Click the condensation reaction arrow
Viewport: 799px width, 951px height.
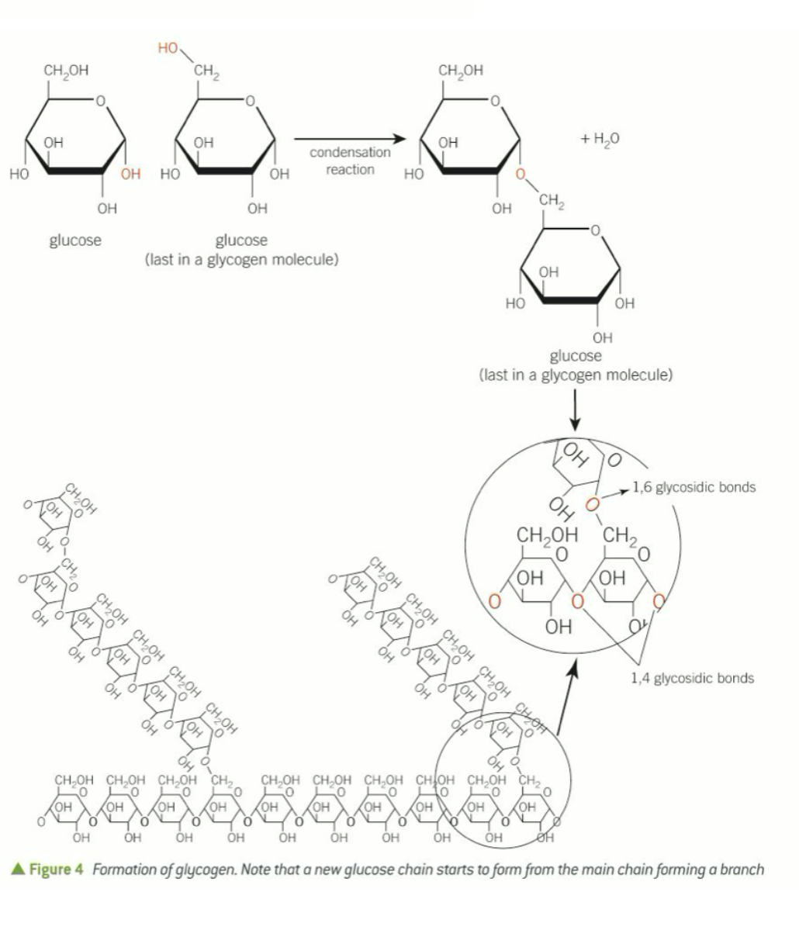tap(349, 139)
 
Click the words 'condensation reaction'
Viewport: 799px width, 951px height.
tap(350, 161)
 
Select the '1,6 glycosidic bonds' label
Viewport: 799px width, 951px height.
tap(694, 488)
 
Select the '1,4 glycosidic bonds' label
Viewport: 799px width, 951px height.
tap(692, 678)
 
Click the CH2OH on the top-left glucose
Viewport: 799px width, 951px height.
tap(66, 71)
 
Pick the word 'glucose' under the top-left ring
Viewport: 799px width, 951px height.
tap(75, 240)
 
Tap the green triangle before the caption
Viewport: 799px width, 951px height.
tap(19, 869)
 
